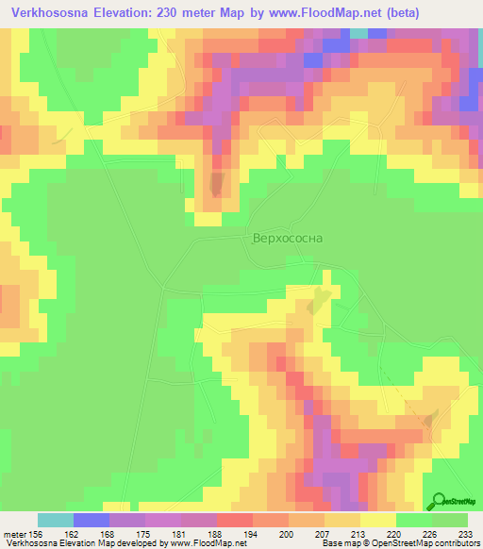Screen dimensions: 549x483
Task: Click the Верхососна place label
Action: click(287, 239)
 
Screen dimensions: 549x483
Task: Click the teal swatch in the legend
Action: click(56, 520)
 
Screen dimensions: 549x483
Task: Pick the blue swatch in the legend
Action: click(92, 520)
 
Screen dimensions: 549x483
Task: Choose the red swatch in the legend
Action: click(235, 520)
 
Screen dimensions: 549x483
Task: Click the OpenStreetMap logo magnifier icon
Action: click(438, 500)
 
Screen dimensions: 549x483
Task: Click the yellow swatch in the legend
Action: click(378, 520)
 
